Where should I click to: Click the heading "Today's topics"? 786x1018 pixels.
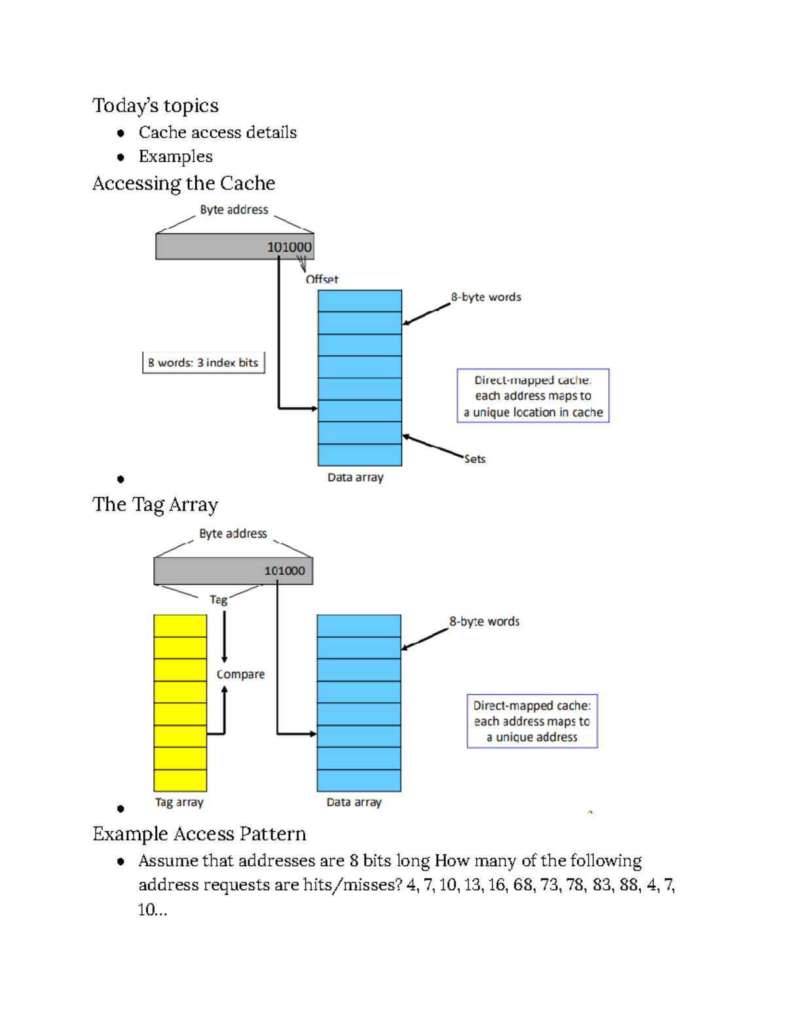pos(155,106)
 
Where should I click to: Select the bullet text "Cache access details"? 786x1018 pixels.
pos(217,132)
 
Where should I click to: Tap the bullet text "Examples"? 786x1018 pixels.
pos(176,157)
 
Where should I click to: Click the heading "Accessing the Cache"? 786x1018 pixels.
pos(183,184)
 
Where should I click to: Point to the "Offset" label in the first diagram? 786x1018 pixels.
pos(322,279)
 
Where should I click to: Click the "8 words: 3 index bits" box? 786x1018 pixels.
pos(203,362)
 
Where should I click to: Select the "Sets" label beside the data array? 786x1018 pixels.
pos(475,459)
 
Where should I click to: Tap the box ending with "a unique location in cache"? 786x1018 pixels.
pos(533,396)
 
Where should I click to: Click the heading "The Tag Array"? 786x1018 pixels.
pos(155,505)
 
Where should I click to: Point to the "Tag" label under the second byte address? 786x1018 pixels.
pos(218,600)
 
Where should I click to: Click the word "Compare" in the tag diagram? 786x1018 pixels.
pos(240,675)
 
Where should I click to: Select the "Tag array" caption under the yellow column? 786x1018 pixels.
pos(179,802)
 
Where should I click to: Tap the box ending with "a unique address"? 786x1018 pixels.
pos(532,721)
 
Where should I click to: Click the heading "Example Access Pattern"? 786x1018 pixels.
pos(199,834)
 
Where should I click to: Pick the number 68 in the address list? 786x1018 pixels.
pos(522,886)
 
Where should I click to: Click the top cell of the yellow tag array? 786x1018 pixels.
pos(180,626)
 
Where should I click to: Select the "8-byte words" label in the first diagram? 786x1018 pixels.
pos(486,297)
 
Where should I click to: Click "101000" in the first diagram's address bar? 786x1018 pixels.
pos(289,247)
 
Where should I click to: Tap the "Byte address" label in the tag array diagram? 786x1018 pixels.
pos(233,534)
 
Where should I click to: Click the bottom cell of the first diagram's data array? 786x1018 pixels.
pos(360,455)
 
